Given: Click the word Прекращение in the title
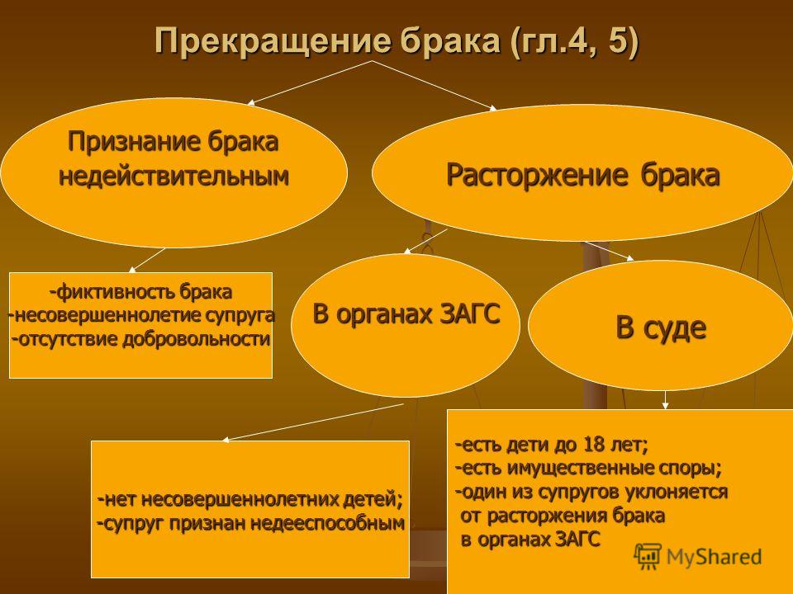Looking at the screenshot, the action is (273, 40).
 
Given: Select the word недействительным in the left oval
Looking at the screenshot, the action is (174, 177).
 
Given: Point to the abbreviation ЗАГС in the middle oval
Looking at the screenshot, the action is (470, 313).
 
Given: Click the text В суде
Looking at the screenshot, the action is (661, 328).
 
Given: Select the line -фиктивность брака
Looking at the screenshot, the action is (140, 292).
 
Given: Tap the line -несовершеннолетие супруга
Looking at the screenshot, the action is (141, 315).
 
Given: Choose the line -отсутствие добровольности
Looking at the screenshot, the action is (140, 338).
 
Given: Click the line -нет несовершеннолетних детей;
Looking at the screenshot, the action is (251, 500).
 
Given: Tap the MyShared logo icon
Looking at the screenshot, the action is (648, 556).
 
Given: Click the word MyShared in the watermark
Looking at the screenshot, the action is (714, 557).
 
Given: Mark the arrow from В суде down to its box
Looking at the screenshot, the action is (666, 399).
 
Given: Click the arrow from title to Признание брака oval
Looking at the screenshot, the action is (310, 82).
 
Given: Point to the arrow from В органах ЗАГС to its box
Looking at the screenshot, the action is (313, 422).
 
